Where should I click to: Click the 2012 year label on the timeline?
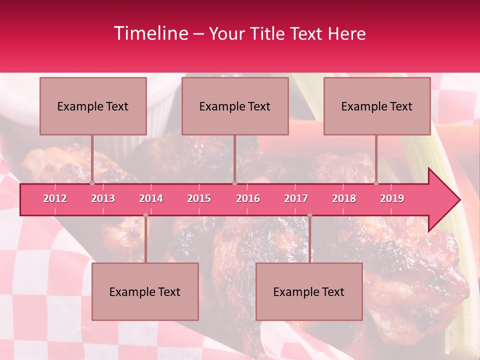point(55,198)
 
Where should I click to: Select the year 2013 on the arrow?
point(103,198)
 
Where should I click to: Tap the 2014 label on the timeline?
point(151,198)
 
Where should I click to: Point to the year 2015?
point(199,198)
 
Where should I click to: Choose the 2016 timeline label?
point(248,198)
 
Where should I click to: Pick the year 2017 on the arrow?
point(296,198)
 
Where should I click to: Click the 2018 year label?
point(344,198)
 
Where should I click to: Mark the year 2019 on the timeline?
point(392,198)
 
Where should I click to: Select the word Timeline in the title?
point(150,33)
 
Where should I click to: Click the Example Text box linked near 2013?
point(93,106)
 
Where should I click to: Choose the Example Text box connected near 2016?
point(235,106)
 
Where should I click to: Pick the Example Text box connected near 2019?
point(377,106)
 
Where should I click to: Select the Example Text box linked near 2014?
point(145,291)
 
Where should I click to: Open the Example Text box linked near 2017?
point(309,291)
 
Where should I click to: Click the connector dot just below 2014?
point(145,215)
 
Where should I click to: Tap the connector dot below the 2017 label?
point(309,215)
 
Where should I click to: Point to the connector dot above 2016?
point(234,183)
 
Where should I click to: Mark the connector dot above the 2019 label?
point(376,183)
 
